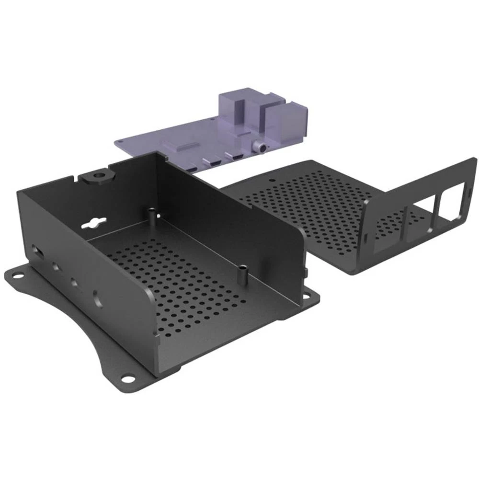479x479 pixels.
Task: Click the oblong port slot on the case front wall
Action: (x=36, y=251)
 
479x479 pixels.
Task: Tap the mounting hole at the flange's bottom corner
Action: (x=127, y=378)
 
